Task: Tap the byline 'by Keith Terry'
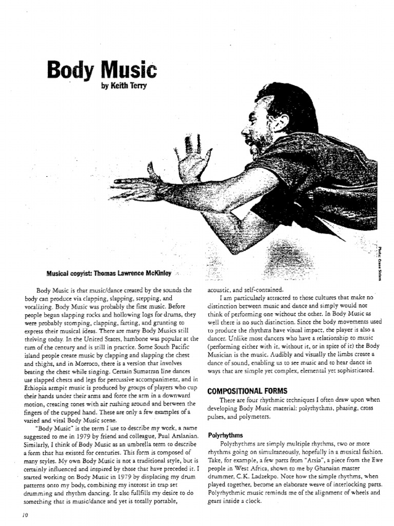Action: pos(125,85)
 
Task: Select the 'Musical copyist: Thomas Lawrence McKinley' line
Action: pos(112,273)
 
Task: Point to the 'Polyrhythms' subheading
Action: pos(225,435)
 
